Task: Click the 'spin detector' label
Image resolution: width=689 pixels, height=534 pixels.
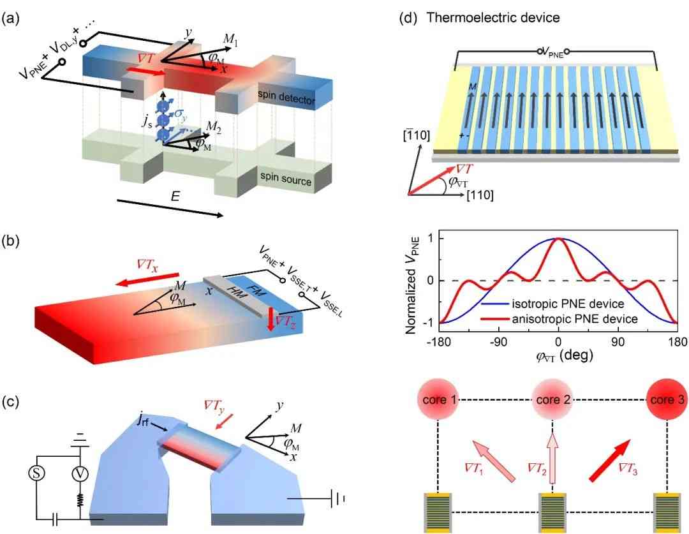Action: coord(286,97)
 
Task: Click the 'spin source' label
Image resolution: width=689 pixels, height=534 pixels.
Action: coord(286,178)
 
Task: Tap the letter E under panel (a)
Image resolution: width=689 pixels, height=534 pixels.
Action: coord(175,196)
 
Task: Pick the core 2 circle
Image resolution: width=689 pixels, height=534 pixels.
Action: coord(552,399)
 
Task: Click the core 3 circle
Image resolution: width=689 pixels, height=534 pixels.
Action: coord(667,399)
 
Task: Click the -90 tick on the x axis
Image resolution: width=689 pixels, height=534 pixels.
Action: coord(498,342)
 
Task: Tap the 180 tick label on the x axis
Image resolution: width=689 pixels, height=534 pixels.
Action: coord(677,342)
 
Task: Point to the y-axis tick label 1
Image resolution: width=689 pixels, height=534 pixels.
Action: coord(430,239)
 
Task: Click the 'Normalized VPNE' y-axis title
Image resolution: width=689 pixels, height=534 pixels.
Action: coord(411,285)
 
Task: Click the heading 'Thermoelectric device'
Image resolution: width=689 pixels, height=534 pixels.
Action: coord(493,18)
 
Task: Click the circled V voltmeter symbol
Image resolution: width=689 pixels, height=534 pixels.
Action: coord(80,474)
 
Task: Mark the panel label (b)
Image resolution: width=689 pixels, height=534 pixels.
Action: coord(10,241)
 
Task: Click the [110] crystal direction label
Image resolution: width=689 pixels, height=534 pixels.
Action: coord(480,195)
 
